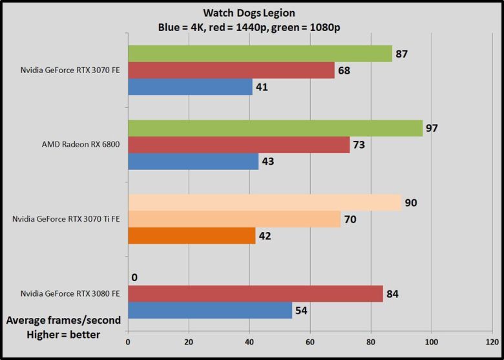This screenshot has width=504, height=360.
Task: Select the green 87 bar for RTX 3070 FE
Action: click(x=260, y=54)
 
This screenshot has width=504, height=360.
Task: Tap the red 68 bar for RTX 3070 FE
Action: click(x=231, y=70)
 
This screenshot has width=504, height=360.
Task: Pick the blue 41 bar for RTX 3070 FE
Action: click(x=190, y=87)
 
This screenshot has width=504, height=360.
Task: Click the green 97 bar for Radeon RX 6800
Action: click(x=275, y=128)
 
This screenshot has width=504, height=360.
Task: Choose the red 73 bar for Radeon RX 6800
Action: click(x=238, y=145)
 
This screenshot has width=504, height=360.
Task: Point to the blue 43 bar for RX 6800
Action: click(x=193, y=161)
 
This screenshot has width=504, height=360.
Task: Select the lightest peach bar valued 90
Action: click(x=264, y=203)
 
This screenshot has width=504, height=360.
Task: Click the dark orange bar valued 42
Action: click(x=192, y=235)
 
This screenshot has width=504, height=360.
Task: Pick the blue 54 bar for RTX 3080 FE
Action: click(x=210, y=311)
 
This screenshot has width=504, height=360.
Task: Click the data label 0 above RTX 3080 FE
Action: click(x=134, y=278)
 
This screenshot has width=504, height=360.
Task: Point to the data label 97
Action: click(x=432, y=128)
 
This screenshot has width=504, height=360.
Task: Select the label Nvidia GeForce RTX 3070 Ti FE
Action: click(x=67, y=219)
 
